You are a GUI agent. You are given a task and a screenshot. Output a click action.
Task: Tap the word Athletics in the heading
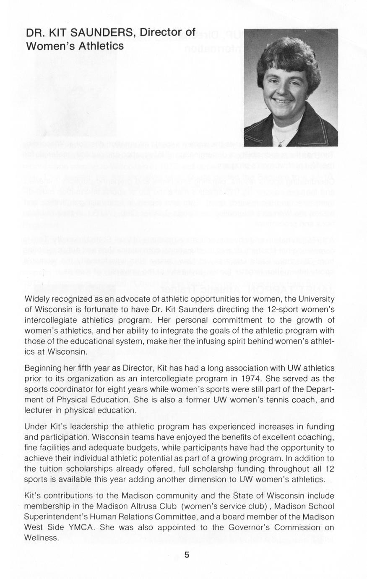(x=97, y=45)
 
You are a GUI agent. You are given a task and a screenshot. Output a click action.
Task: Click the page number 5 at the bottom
(x=187, y=555)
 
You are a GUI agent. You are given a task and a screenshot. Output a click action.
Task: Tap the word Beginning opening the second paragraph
(x=44, y=368)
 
